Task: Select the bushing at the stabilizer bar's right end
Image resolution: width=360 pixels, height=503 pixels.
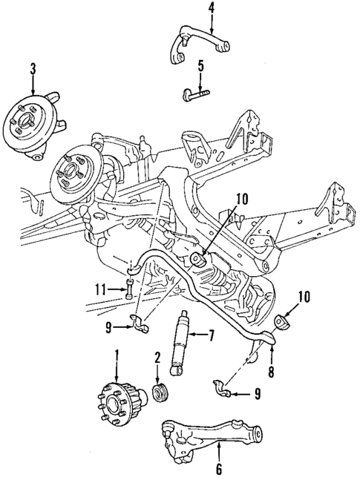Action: point(281,321)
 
